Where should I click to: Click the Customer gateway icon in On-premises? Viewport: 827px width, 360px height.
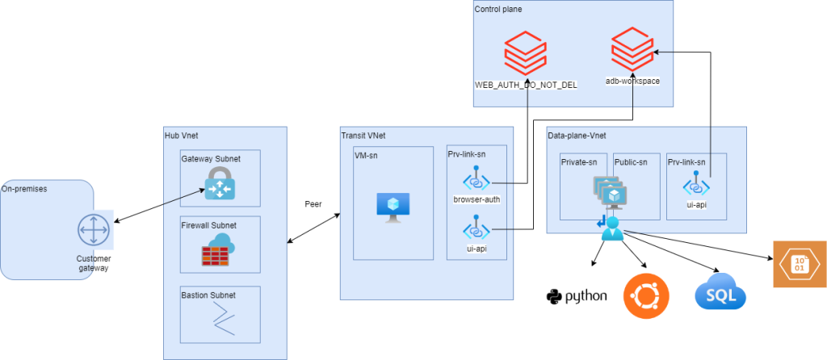coord(91,231)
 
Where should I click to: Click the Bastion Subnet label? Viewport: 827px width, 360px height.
coord(208,295)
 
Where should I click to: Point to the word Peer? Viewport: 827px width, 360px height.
coord(314,204)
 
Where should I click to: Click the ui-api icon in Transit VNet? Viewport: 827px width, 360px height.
coord(476,228)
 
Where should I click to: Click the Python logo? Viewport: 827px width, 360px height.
coord(577,296)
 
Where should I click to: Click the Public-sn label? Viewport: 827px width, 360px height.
coord(631,162)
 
